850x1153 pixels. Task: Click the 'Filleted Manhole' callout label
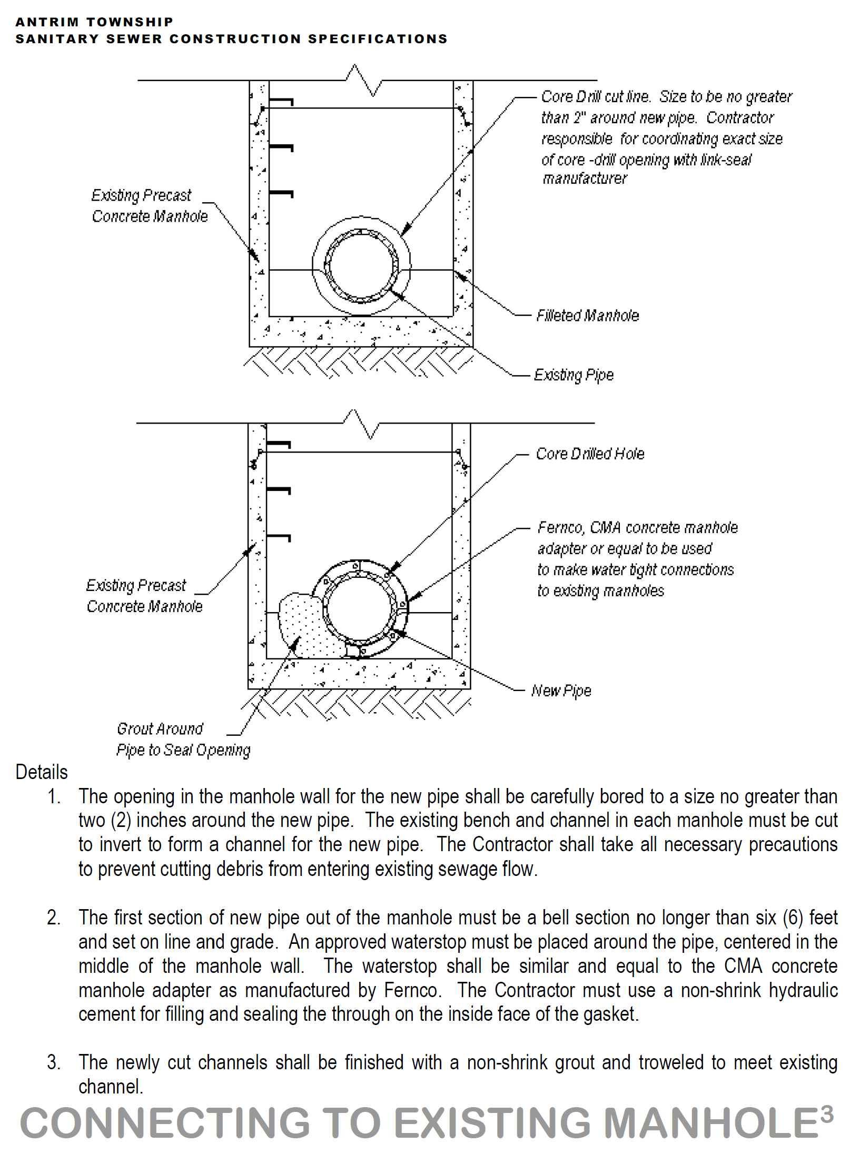pos(587,316)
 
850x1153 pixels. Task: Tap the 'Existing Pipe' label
pos(574,375)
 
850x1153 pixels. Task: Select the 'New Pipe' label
pos(561,691)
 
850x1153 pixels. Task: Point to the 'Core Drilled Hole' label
pos(590,454)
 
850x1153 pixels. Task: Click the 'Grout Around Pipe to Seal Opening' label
pos(183,739)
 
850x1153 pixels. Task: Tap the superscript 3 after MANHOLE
pos(827,1114)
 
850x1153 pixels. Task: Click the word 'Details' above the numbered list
pos(42,772)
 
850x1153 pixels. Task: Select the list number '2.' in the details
pos(54,918)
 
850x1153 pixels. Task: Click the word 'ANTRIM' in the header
pos(47,22)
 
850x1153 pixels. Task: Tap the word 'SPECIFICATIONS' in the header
pos(378,39)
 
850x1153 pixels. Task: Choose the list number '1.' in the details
pos(54,797)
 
